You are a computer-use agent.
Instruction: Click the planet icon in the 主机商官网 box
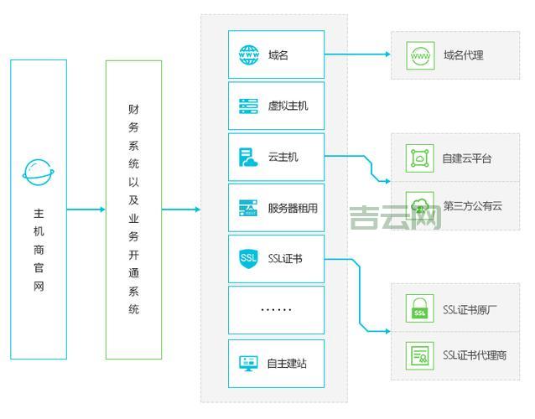tap(39, 172)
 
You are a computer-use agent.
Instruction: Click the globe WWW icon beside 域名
tap(249, 55)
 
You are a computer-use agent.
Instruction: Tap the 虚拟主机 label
tap(288, 106)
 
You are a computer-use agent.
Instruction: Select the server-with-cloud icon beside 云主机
tap(249, 157)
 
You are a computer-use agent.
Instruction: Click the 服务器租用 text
tap(293, 208)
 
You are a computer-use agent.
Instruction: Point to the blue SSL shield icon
tap(249, 258)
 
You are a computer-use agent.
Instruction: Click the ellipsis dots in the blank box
tap(276, 309)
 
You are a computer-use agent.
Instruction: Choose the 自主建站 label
tap(287, 363)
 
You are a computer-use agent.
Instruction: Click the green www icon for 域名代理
tap(419, 55)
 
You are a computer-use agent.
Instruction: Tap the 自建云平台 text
tap(467, 158)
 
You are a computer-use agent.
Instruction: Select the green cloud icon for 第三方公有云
tap(419, 205)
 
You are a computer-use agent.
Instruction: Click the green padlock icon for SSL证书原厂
tap(419, 309)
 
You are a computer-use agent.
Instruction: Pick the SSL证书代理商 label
tap(475, 355)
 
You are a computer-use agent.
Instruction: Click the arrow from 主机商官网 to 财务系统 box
tap(86, 209)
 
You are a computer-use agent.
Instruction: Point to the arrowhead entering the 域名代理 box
tap(387, 55)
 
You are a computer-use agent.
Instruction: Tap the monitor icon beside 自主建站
tap(249, 363)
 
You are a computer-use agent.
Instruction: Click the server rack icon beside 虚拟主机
tap(249, 106)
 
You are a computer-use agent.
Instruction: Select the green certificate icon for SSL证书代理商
tap(419, 355)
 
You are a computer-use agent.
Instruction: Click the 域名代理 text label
tap(464, 56)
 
